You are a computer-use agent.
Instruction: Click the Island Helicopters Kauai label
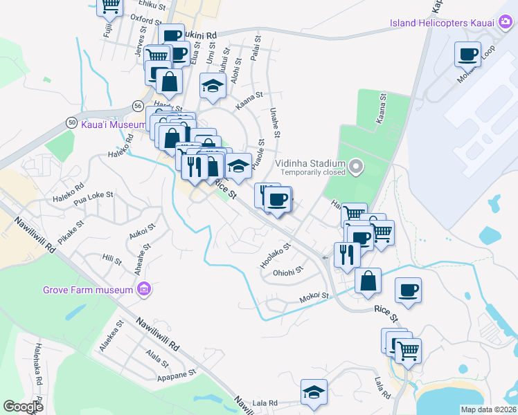pos(441,23)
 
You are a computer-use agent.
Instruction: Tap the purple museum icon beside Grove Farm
pos(144,288)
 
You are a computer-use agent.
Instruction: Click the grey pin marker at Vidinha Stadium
pos(355,166)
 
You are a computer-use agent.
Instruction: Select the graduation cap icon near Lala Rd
pos(314,392)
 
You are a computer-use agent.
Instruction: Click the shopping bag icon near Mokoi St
pos(368,281)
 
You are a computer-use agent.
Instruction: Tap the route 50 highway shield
pos(72,122)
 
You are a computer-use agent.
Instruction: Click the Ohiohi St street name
pos(288,270)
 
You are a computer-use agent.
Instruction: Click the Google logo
pos(24,407)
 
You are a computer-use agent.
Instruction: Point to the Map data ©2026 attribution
pos(488,409)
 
